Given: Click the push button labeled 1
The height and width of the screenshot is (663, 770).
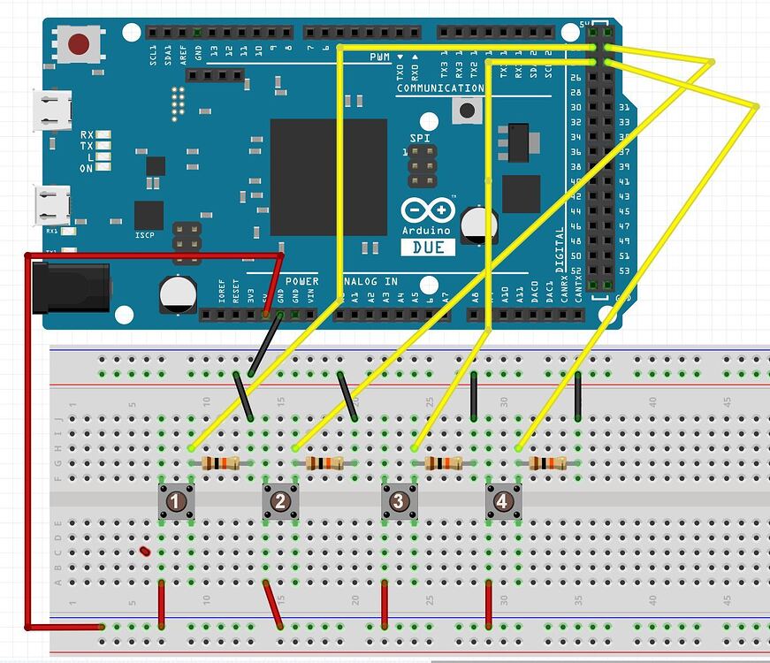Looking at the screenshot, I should point(176,503).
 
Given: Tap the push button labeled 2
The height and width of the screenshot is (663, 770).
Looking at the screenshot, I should point(280,503).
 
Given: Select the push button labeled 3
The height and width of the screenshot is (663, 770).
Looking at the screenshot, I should point(398,503).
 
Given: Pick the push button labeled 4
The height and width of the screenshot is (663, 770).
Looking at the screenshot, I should point(502,503).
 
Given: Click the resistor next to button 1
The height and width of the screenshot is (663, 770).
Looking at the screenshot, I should point(221,463).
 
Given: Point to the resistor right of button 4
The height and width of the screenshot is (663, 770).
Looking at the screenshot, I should point(547,463).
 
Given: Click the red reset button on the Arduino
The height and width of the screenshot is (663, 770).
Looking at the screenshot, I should point(80,42).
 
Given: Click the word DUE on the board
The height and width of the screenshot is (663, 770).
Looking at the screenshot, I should point(429,248).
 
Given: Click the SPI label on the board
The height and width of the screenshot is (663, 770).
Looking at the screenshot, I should point(419,139).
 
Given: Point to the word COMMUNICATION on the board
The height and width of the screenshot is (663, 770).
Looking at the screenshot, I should point(439,88).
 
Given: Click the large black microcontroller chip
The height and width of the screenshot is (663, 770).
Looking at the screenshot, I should point(328,177).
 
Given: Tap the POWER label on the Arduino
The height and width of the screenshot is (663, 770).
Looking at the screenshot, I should point(301,281).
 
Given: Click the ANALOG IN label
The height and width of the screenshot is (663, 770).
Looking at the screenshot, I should point(372,281).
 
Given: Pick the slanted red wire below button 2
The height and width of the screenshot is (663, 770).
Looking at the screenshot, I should point(273,606).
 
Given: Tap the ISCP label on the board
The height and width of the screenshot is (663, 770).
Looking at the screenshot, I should point(145,236).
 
